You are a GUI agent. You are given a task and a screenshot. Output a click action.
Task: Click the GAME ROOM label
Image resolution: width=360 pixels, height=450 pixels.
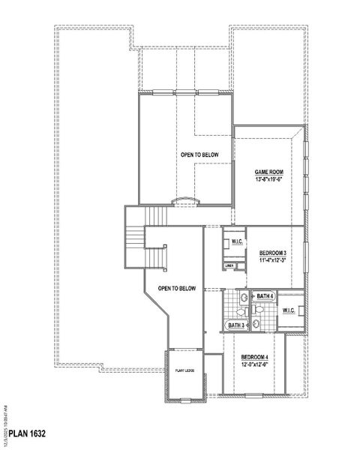pos(268,172)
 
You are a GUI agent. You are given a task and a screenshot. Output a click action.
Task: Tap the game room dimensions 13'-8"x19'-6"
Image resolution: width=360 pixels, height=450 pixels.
pos(268,179)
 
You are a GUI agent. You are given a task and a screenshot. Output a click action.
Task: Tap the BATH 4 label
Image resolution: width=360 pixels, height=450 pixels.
pos(265,297)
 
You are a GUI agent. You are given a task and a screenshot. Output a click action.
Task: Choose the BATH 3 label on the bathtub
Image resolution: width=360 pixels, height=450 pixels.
pos(235,325)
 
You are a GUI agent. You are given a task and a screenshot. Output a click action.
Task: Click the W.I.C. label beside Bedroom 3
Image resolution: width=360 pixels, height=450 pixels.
pos(235,241)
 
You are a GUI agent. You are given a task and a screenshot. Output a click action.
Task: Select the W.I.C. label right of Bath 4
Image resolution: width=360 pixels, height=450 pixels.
pos(289,310)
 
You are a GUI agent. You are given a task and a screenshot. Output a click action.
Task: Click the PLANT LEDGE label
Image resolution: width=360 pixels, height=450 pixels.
pos(185,370)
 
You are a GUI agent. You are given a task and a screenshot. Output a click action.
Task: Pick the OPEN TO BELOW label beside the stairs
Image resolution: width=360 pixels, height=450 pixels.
pos(177,288)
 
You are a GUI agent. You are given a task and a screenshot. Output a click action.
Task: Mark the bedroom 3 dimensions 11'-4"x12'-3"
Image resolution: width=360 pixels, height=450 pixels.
pos(273,262)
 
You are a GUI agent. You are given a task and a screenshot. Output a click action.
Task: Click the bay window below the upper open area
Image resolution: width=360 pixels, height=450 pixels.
pos(184,201)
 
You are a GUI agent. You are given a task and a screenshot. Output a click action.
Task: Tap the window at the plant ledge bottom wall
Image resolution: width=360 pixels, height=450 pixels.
pos(185,402)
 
